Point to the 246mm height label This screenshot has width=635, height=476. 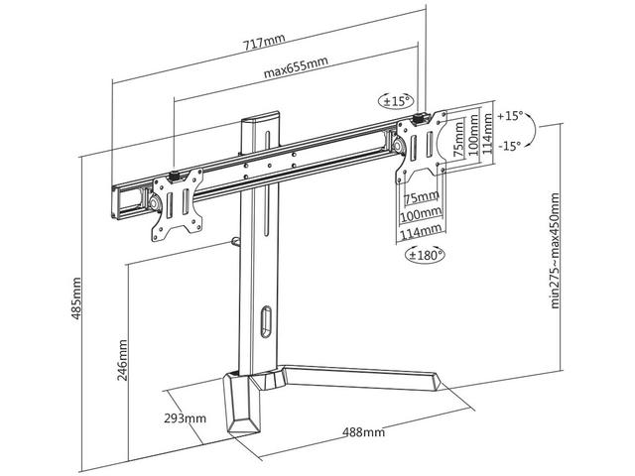coord(123,358)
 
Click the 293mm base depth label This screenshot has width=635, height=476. coord(186,418)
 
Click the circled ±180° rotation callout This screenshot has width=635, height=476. coord(425,255)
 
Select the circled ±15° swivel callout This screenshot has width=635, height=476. coord(396,101)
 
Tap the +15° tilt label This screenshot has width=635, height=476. coord(508,116)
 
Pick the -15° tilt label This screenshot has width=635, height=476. coord(508,145)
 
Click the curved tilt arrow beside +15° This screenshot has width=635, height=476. coord(532,131)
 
